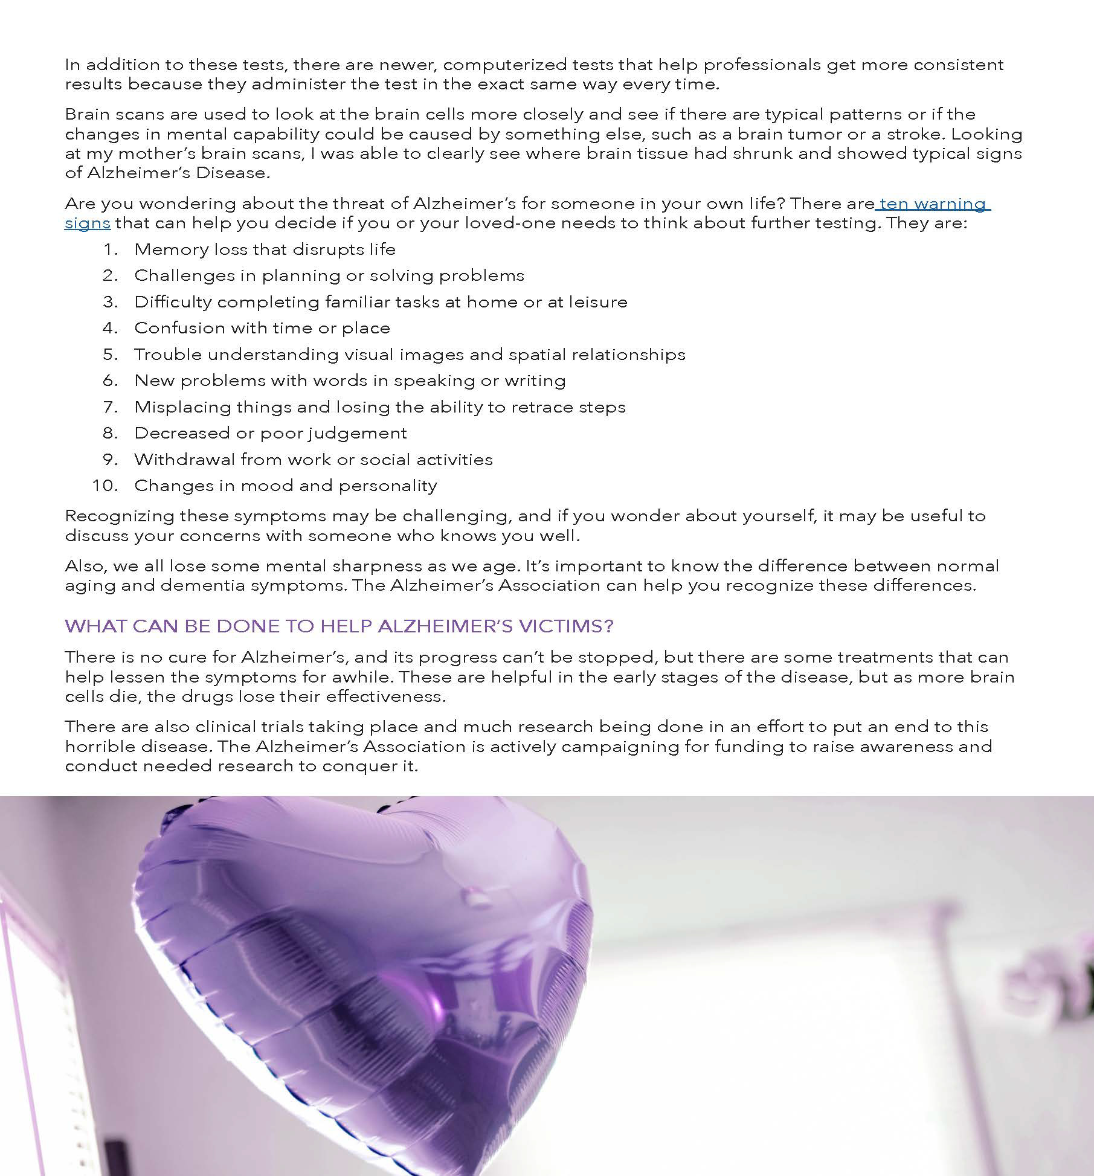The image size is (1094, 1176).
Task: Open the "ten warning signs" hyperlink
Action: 932,204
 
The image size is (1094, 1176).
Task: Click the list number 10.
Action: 105,486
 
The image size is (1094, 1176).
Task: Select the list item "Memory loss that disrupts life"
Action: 265,249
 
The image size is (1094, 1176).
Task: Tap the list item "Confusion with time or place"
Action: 262,328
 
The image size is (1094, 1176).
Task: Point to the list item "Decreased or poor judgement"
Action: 271,433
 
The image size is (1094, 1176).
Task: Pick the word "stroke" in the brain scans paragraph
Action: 912,133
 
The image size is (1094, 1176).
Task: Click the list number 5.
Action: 110,355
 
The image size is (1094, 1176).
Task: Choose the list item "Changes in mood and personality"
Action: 286,486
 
